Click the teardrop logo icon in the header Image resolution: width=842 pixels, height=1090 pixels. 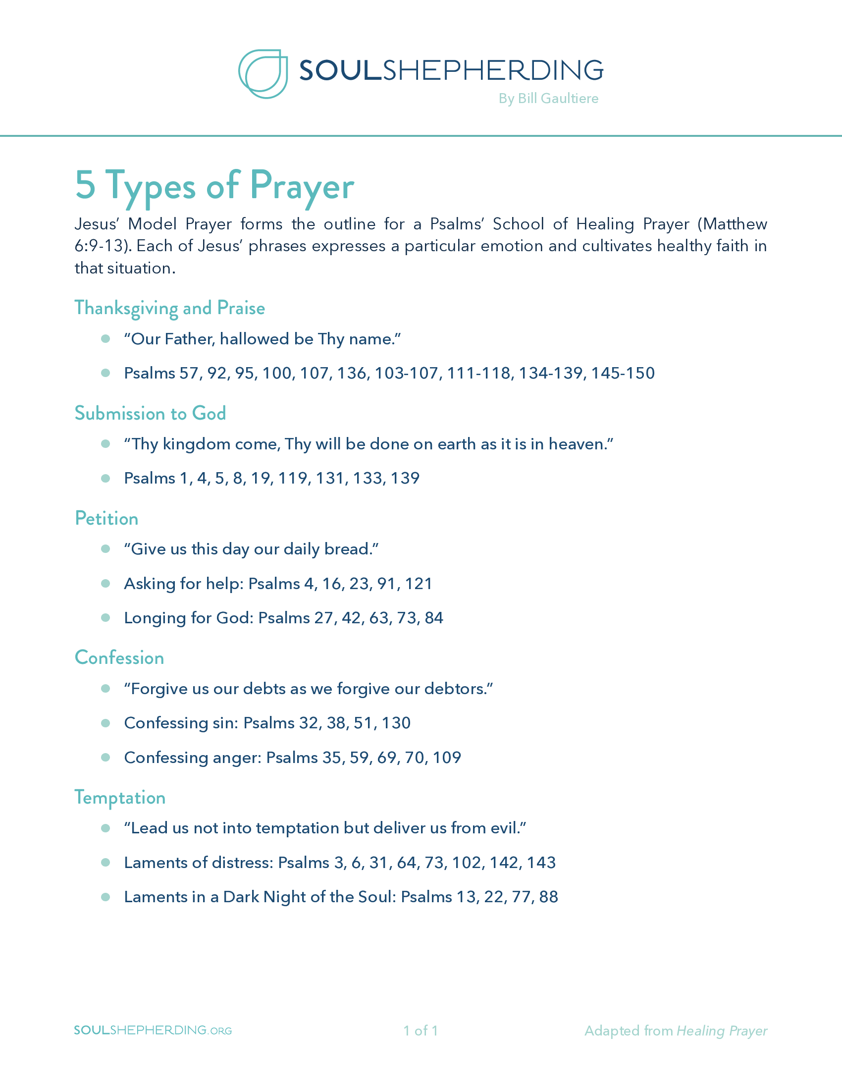[x=263, y=74]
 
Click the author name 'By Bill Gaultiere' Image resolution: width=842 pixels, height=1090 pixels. [x=548, y=99]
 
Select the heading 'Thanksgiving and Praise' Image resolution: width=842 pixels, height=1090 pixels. [x=169, y=309]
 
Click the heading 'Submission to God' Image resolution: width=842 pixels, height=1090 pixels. [x=150, y=414]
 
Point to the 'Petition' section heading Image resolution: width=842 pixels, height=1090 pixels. [x=106, y=519]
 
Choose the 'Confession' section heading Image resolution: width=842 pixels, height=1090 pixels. [x=119, y=658]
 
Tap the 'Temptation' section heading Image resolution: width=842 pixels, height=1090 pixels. [x=120, y=798]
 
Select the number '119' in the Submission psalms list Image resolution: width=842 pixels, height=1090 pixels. [x=292, y=479]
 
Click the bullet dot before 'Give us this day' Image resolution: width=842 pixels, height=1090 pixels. [x=105, y=549]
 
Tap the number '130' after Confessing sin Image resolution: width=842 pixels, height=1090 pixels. [x=396, y=723]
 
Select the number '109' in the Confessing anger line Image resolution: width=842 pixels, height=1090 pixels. [x=447, y=758]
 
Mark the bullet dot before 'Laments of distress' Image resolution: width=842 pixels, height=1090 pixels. [x=105, y=863]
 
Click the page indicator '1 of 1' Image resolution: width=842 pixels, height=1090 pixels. [x=421, y=1031]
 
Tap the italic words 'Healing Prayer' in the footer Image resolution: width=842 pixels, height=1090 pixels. [x=721, y=1031]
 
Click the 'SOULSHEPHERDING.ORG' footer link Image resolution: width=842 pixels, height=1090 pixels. [x=153, y=1031]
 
